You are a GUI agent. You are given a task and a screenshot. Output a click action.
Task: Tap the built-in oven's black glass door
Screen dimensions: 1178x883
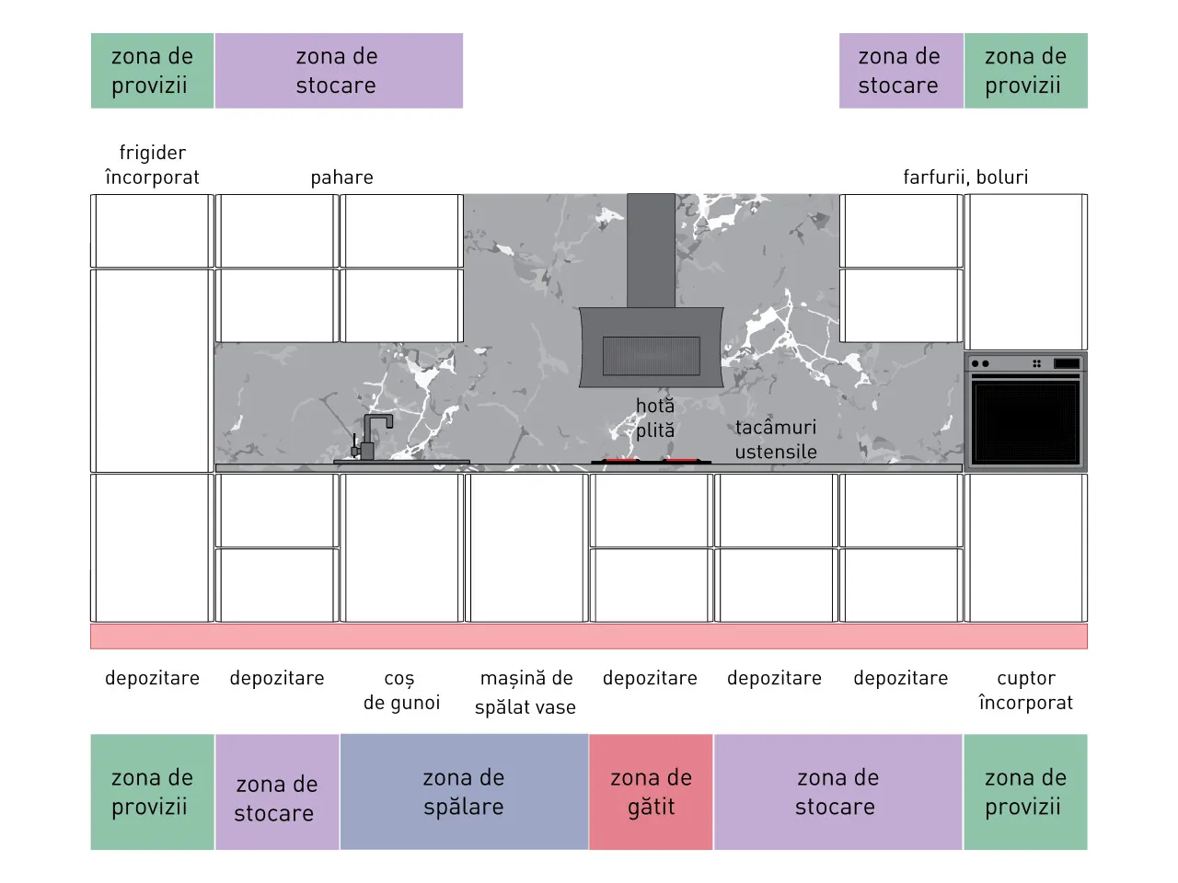[x=1025, y=422]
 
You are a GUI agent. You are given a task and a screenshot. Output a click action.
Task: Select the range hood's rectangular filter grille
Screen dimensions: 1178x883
[x=651, y=355]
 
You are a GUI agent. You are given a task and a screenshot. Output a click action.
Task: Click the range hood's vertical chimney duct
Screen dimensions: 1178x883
[x=651, y=250]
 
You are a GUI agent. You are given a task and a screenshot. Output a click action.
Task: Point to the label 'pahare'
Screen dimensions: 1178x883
[x=341, y=177]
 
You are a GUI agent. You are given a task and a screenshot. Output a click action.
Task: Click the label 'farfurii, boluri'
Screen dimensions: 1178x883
[x=965, y=177]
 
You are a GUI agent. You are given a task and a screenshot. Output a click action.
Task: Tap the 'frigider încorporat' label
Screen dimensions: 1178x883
[x=153, y=165]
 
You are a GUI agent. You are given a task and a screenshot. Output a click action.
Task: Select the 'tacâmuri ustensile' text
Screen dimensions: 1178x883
[x=776, y=440]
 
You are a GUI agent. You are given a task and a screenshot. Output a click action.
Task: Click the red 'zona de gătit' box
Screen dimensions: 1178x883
[x=651, y=792]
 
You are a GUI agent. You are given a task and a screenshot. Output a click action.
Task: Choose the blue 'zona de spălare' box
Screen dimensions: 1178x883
[x=464, y=792]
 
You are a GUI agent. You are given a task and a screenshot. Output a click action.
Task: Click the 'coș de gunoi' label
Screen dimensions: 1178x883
[x=401, y=691]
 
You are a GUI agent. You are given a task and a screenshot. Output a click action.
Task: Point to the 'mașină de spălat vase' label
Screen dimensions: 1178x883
[x=525, y=692]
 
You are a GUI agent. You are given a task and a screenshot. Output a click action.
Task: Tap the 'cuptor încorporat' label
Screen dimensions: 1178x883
[x=1026, y=690]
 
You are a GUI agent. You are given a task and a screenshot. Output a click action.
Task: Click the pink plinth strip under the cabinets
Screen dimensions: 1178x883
[x=589, y=636]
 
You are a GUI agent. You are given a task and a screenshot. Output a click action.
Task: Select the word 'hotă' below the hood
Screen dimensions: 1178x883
[x=655, y=406]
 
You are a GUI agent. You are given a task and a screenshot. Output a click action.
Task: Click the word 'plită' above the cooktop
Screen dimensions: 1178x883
[x=655, y=430]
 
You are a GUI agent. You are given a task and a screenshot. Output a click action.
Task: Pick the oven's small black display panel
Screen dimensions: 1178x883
[x=1067, y=363]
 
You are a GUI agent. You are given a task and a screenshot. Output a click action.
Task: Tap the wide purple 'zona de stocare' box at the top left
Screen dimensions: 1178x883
[x=340, y=71]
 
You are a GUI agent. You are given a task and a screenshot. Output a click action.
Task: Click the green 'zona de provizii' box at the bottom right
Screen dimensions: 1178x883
[x=1025, y=792]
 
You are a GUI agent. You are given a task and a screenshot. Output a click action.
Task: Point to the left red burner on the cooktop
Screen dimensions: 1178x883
[x=620, y=460]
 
